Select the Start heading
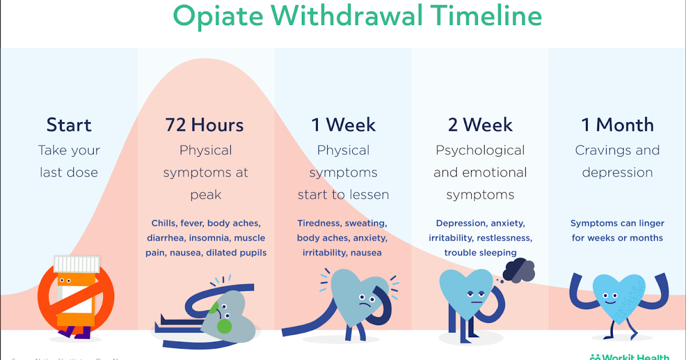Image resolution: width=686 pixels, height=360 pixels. coord(69,125)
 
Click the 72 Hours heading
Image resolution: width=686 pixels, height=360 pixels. coord(205,125)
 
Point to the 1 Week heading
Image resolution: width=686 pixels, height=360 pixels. coord(343,125)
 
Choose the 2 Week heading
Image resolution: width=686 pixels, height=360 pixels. coord(480,125)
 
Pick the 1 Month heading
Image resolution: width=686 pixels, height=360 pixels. coord(617,125)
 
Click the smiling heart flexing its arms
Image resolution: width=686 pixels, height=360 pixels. coord(618,297)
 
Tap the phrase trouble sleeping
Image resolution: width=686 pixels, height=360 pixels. coord(480,253)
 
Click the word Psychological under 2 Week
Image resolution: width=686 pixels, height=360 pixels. coord(480,150)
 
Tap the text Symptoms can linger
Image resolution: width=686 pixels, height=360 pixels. coord(617,223)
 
